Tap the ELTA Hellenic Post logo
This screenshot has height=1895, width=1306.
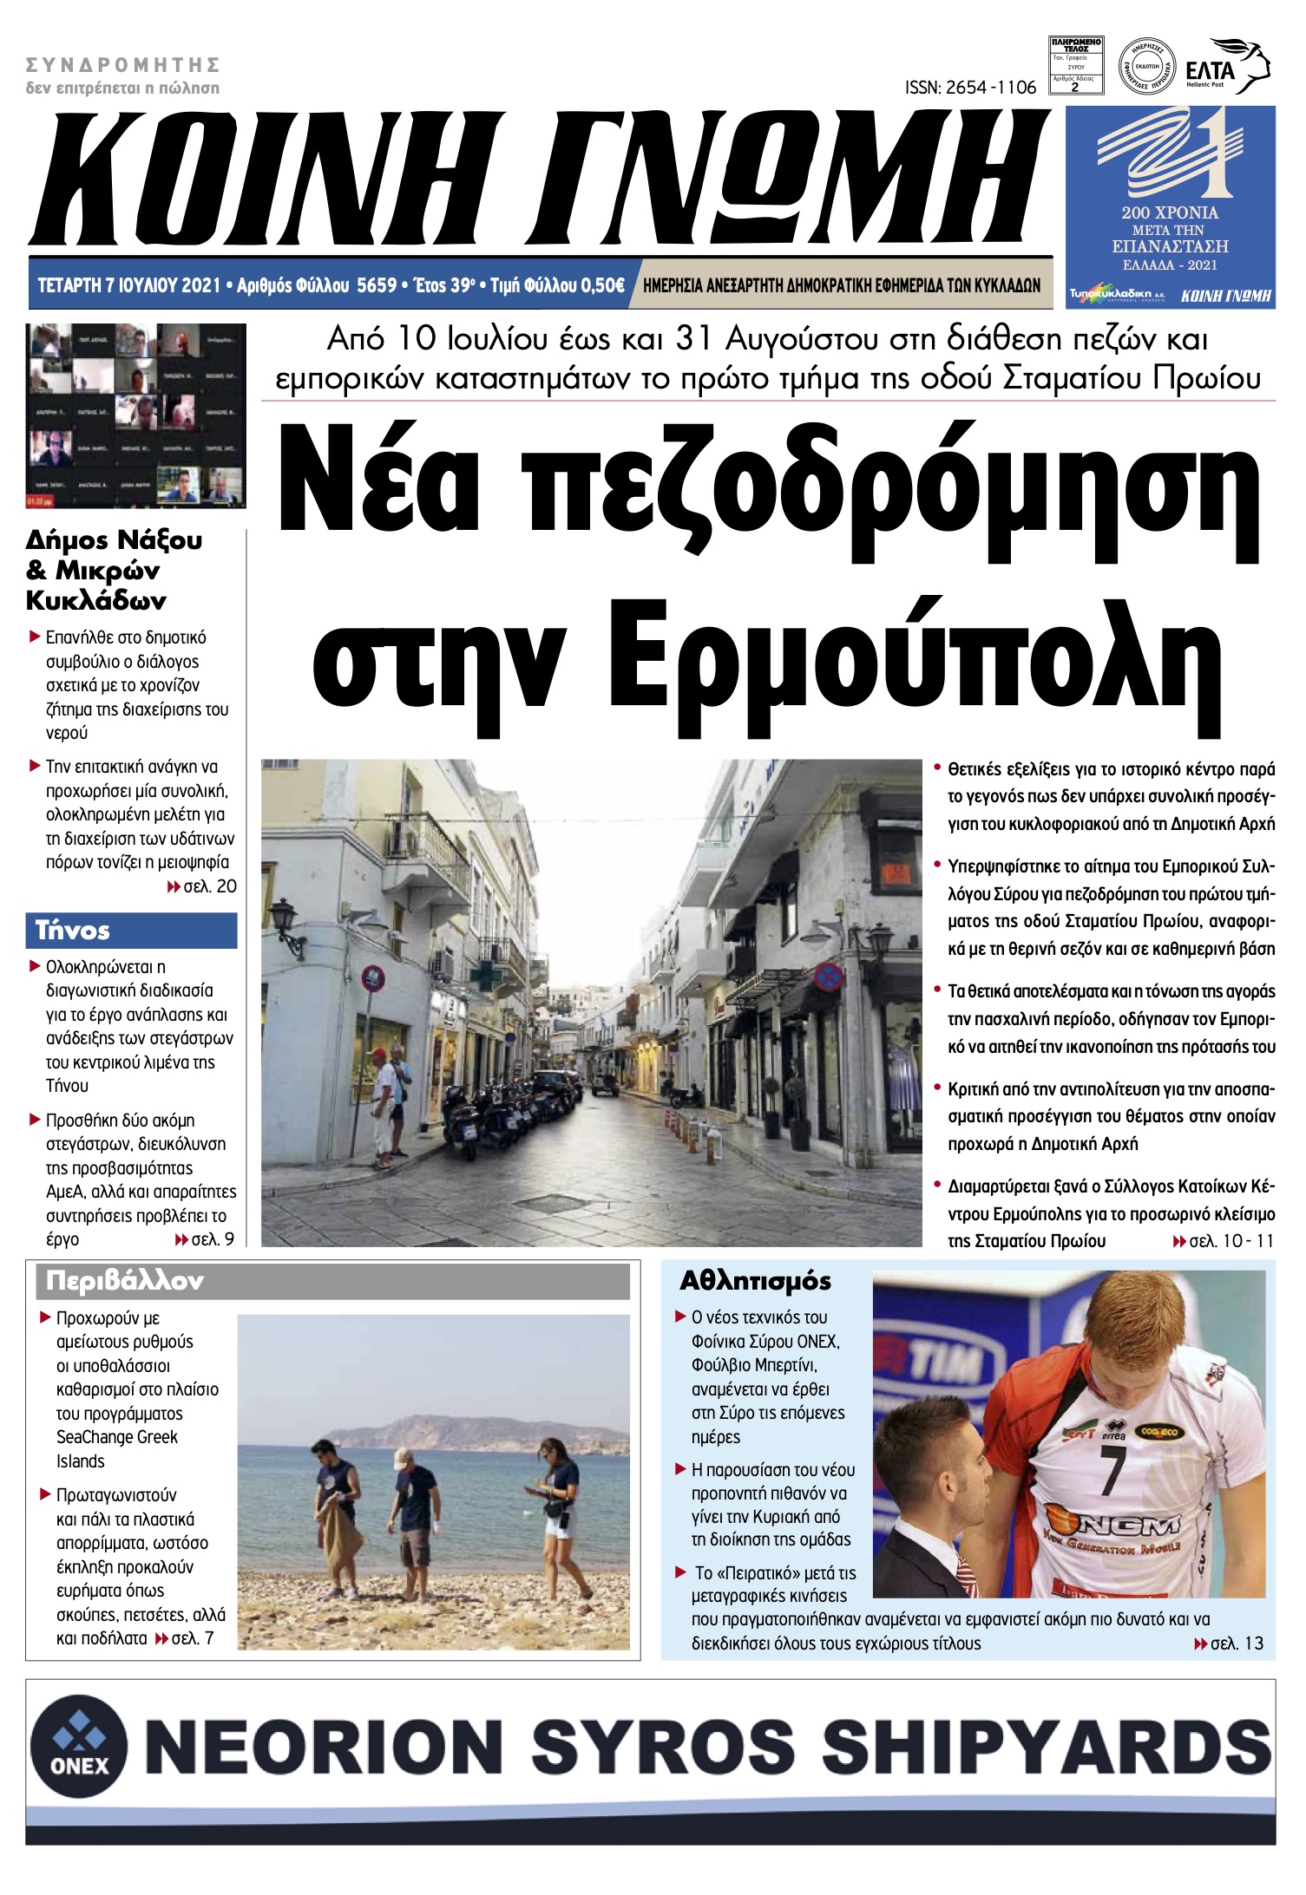point(1226,68)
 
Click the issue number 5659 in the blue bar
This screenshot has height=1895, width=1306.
point(377,285)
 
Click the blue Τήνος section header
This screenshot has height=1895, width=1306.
point(131,931)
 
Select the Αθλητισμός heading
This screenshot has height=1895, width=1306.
point(755,1281)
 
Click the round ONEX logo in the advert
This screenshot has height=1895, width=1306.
point(79,1746)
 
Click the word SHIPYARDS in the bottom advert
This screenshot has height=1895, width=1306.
point(1045,1746)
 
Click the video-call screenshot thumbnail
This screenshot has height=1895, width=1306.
point(136,415)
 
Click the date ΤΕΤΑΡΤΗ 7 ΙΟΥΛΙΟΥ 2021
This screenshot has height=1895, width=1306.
point(129,285)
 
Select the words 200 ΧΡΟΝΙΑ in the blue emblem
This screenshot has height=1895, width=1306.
point(1169,212)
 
